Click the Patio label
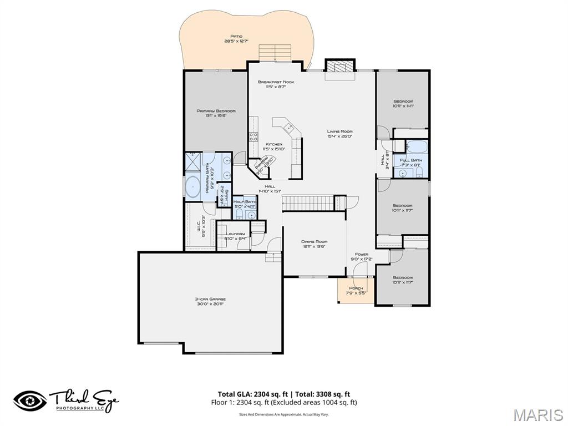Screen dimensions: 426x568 [x=236, y=36]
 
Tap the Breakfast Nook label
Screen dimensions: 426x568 [x=276, y=82]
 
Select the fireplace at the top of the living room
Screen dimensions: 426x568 [x=339, y=66]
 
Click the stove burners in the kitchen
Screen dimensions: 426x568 [x=253, y=136]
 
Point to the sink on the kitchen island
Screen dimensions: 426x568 [x=288, y=128]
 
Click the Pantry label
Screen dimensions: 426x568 [x=260, y=166]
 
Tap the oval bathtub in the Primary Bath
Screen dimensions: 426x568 [x=192, y=186]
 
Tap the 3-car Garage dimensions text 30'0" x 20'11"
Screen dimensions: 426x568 [x=210, y=304]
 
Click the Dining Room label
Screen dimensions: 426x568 [x=315, y=242]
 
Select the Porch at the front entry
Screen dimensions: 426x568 [x=355, y=291]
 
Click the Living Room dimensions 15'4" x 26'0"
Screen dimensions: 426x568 [x=339, y=136]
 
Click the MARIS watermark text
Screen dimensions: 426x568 [x=537, y=414]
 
